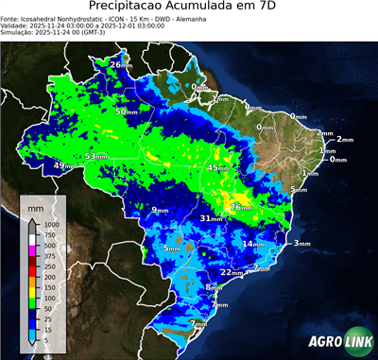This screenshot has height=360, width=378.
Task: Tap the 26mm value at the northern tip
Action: [x=121, y=64]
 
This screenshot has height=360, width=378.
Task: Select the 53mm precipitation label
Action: [x=96, y=156]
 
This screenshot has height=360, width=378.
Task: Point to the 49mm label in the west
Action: [x=63, y=166]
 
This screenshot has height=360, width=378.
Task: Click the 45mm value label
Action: [x=218, y=168]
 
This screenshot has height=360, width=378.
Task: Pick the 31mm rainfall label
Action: [x=211, y=218]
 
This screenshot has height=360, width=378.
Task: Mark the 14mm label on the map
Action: [x=253, y=244]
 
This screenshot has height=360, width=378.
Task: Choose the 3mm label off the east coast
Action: [x=301, y=244]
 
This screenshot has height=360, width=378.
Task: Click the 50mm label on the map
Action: [x=127, y=111]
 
